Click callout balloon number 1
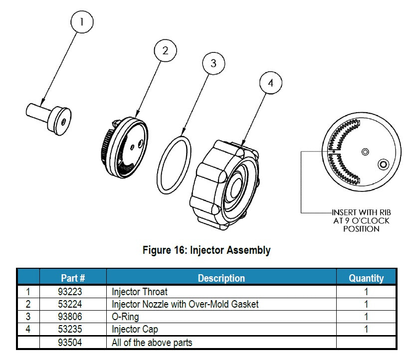pyautogui.click(x=83, y=22)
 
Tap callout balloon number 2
pyautogui.click(x=166, y=50)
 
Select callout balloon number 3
pyautogui.click(x=213, y=63)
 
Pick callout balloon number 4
pyautogui.click(x=270, y=83)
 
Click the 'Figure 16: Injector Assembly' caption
pyautogui.click(x=207, y=250)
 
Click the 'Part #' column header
pyautogui.click(x=72, y=278)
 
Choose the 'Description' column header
pyautogui.click(x=221, y=278)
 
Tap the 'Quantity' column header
pyautogui.click(x=366, y=278)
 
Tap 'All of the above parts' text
pyautogui.click(x=152, y=343)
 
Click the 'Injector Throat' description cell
pyautogui.click(x=140, y=291)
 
